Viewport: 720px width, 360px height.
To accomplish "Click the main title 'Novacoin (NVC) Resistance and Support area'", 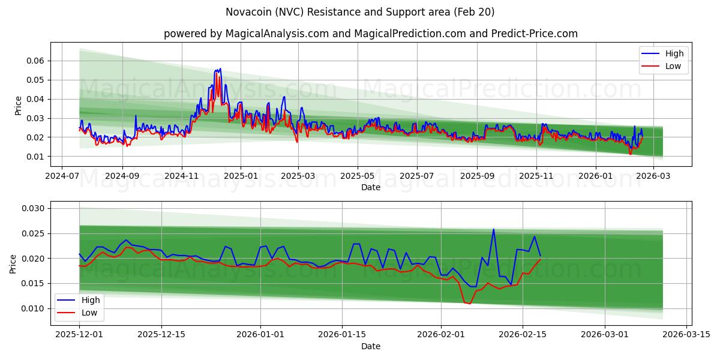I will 360,12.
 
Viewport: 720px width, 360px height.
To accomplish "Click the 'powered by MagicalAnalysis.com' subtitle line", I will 370,34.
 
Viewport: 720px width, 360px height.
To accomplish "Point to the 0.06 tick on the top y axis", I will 35,61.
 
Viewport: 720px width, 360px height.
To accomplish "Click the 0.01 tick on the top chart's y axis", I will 35,157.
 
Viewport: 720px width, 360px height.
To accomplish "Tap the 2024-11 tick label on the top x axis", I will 181,177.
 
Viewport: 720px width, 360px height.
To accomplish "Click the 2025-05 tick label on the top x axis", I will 358,177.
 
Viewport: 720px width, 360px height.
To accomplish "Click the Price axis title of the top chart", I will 18,105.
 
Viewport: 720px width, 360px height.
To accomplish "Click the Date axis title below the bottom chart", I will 370,346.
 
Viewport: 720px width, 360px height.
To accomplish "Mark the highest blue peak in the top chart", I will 220,68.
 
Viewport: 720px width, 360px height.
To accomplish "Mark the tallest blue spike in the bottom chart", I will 493,229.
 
